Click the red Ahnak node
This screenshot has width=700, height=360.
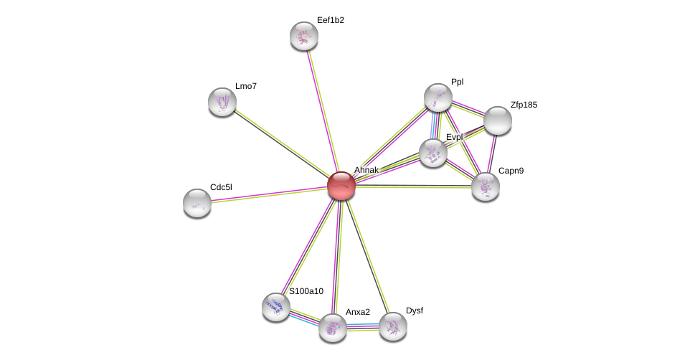[x=341, y=186]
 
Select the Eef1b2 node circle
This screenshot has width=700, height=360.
[x=304, y=36]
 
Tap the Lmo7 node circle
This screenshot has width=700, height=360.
[x=222, y=102]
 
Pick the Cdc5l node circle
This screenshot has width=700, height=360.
[x=197, y=203]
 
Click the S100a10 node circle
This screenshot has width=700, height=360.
[x=276, y=307]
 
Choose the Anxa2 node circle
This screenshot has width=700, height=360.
[x=333, y=328]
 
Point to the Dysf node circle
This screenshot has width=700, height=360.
[x=393, y=326]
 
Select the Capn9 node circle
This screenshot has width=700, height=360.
[x=486, y=186]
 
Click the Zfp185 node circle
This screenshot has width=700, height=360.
[x=498, y=120]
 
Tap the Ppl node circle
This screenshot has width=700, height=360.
[x=438, y=98]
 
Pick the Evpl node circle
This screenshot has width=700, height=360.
[x=433, y=153]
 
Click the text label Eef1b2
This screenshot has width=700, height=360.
[x=331, y=20]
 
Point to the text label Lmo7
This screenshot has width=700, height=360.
[x=246, y=86]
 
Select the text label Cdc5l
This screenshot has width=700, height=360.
[x=221, y=187]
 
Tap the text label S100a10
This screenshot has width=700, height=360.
[x=306, y=291]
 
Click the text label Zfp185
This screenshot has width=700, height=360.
[x=524, y=105]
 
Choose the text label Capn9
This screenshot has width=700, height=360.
[x=511, y=171]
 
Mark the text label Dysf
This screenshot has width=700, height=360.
[x=415, y=311]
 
